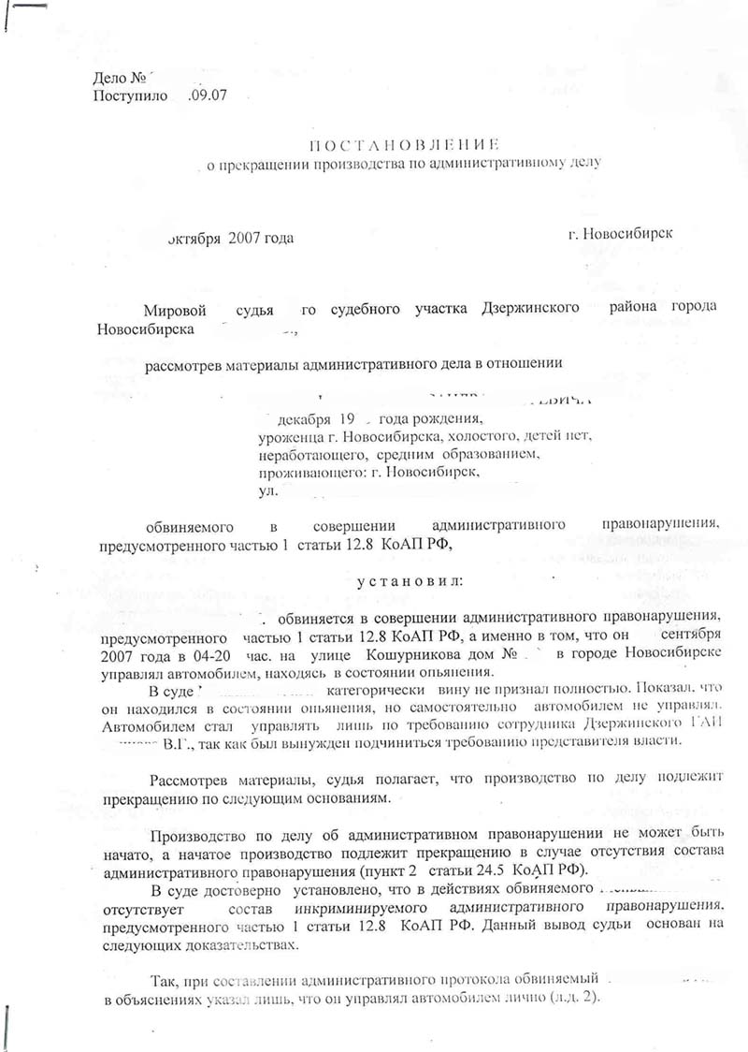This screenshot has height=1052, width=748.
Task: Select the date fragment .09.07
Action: (208, 95)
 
